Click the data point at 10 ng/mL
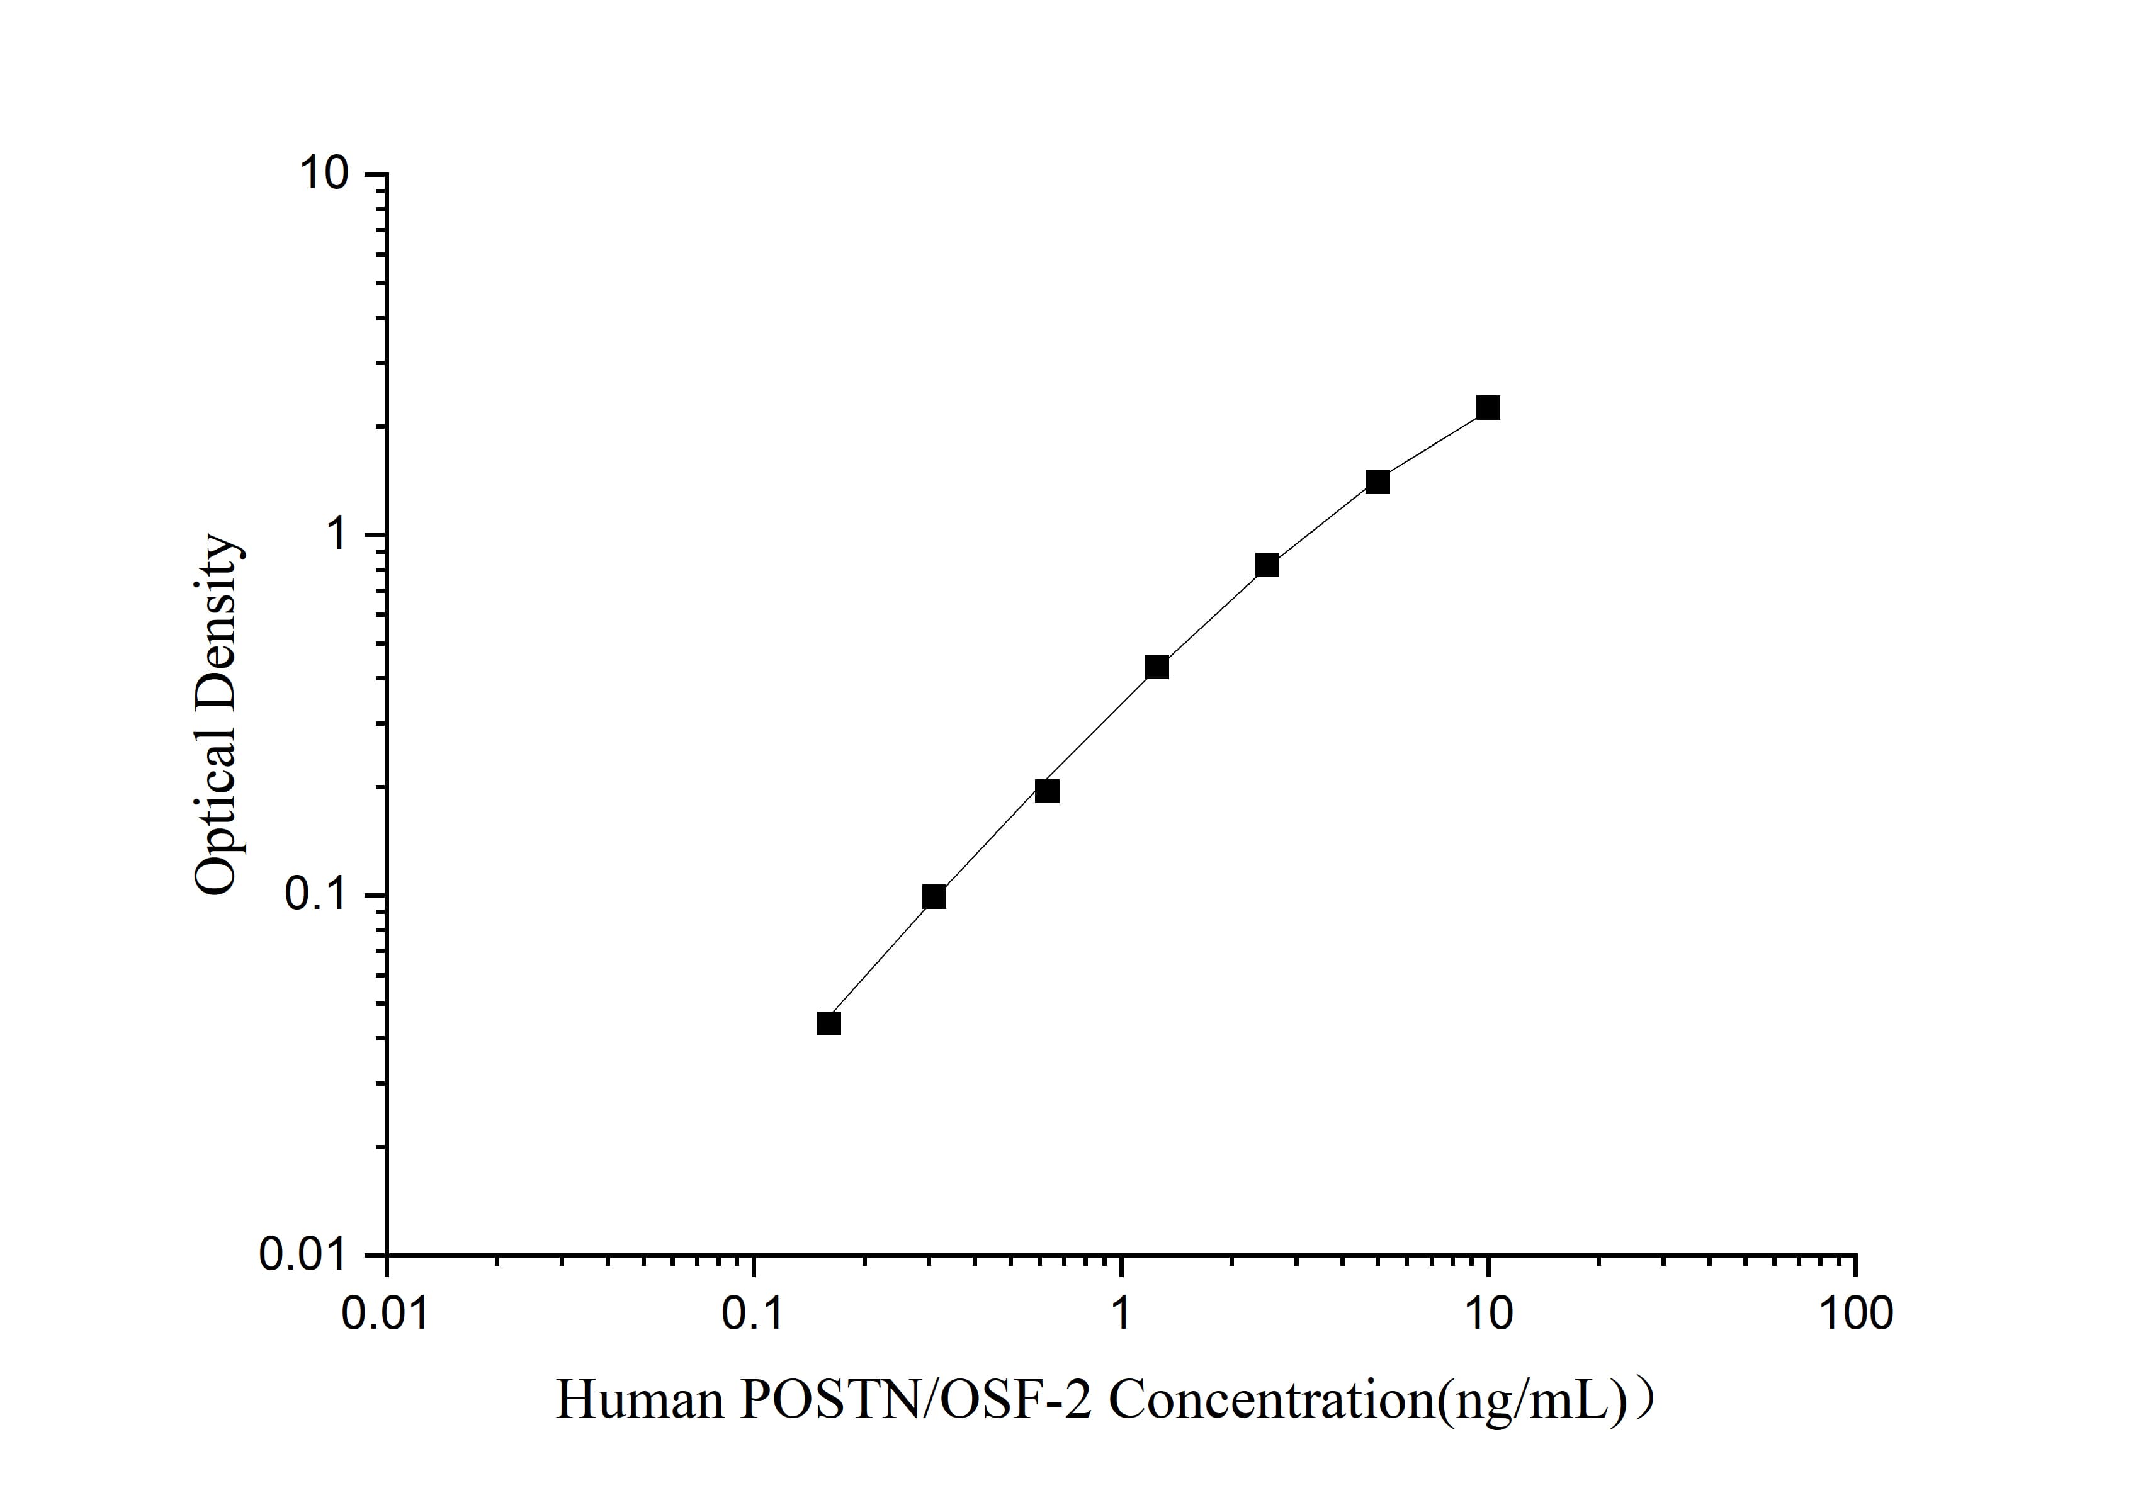[1488, 407]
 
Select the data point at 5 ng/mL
[1377, 482]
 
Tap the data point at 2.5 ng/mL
[1267, 565]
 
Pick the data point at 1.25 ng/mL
[1157, 667]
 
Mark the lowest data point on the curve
[829, 1023]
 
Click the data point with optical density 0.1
[934, 897]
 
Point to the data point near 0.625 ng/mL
[1048, 791]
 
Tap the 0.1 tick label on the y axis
[317, 895]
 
